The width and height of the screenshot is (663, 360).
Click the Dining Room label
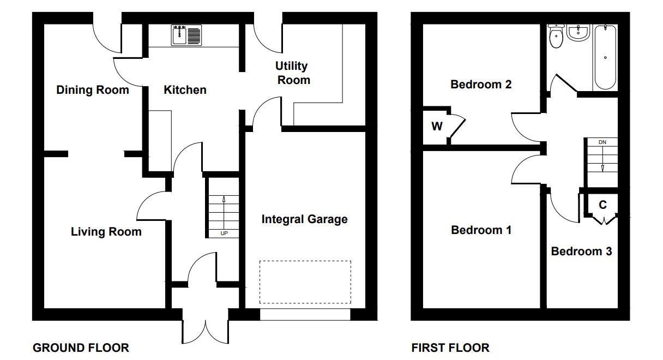click(93, 89)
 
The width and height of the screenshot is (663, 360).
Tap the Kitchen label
click(185, 89)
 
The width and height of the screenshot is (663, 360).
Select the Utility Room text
click(293, 73)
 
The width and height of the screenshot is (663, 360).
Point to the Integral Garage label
click(305, 219)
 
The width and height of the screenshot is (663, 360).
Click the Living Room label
click(106, 231)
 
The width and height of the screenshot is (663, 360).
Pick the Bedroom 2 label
click(481, 85)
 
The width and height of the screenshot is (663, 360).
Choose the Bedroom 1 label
click(481, 230)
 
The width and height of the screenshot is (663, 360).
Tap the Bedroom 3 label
click(581, 251)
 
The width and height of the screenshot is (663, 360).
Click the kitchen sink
click(186, 35)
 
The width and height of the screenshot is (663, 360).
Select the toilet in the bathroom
click(556, 37)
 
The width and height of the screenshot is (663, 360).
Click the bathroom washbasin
click(578, 32)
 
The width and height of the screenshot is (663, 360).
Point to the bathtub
click(605, 57)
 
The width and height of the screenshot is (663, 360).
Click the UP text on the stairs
click(224, 233)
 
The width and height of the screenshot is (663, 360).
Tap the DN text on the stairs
click(602, 142)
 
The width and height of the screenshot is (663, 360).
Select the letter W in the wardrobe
click(437, 127)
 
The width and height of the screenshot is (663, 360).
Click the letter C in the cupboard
click(602, 205)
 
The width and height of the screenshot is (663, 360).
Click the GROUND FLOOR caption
click(81, 348)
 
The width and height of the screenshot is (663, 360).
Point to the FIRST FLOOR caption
click(450, 348)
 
